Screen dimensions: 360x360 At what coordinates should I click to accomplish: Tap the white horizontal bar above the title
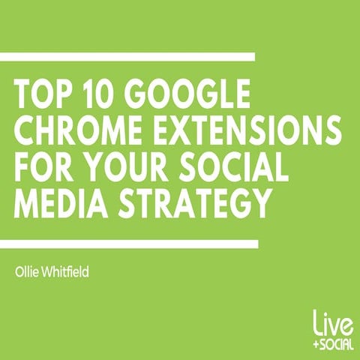click(127, 56)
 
